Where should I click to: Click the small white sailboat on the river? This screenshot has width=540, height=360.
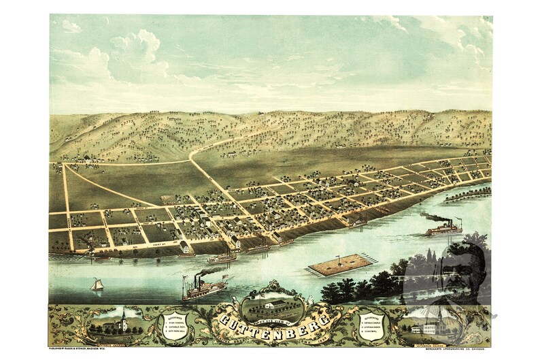pyautogui.click(x=97, y=284)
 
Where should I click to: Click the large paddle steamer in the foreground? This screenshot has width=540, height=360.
pyautogui.click(x=203, y=289)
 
